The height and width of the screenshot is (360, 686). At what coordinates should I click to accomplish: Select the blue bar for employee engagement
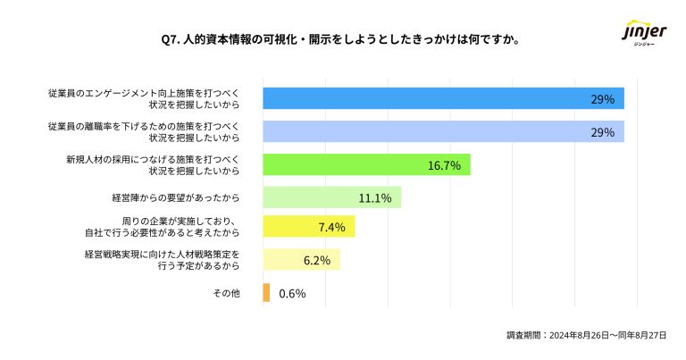tap(443, 98)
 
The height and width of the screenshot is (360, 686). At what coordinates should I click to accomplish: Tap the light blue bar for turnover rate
tap(443, 132)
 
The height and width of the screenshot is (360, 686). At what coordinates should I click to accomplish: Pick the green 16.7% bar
tap(366, 164)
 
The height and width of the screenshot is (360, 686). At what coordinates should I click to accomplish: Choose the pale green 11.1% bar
tap(331, 197)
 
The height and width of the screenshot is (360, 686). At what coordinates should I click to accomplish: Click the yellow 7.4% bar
tap(308, 227)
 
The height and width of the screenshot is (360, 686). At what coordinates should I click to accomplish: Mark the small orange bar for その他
tap(266, 293)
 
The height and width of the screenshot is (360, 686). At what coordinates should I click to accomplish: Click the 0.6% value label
tap(292, 293)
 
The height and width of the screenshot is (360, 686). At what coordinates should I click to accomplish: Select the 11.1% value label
tap(374, 197)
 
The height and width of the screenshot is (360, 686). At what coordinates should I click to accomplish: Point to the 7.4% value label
tap(331, 227)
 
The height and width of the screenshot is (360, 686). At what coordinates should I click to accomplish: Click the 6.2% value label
tap(317, 260)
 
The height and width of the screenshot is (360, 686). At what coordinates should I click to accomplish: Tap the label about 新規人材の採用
tap(153, 164)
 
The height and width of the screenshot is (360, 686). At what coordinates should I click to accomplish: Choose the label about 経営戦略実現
tap(162, 260)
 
